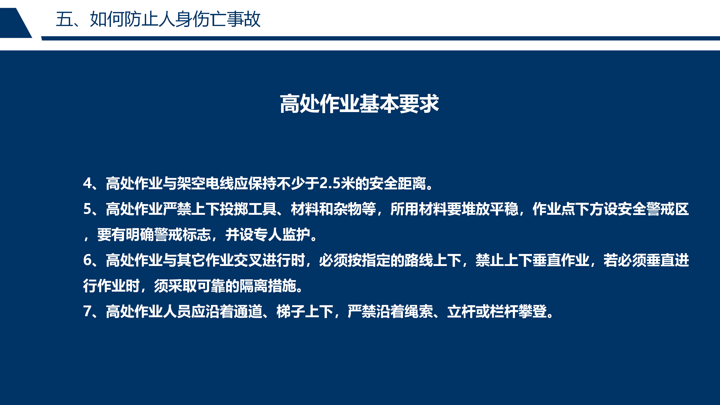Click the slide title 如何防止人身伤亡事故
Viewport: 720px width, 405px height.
(x=175, y=19)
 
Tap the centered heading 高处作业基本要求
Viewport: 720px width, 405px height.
(x=359, y=104)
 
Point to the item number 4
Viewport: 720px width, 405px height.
(x=88, y=184)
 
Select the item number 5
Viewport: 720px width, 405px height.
(x=88, y=209)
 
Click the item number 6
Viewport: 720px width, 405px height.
(x=88, y=260)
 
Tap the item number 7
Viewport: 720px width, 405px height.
(x=88, y=311)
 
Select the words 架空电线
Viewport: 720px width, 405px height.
(x=205, y=184)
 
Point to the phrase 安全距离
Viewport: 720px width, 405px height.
(x=397, y=184)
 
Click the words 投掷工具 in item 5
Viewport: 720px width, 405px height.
(x=248, y=209)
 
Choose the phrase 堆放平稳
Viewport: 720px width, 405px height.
(x=490, y=209)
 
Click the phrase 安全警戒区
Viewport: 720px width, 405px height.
(x=653, y=209)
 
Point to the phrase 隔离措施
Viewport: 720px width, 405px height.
(x=268, y=286)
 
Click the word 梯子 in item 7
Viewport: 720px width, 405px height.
(x=291, y=311)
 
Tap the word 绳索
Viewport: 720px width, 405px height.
(x=419, y=311)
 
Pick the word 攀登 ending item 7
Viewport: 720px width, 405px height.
(x=533, y=311)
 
